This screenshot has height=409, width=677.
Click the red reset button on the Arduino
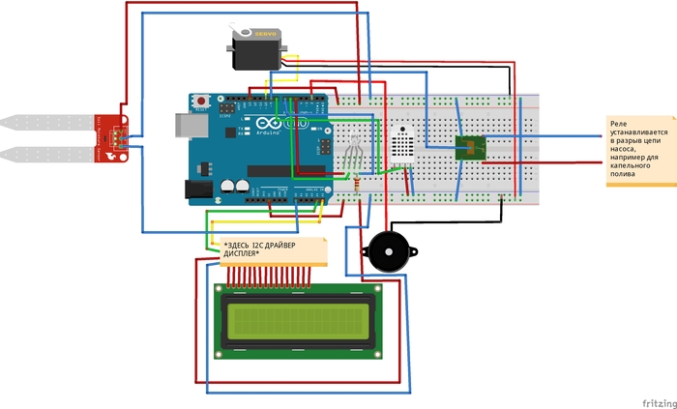tap(201, 101)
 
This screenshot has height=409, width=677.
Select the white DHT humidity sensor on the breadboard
tap(405, 142)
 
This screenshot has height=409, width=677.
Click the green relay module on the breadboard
tap(470, 148)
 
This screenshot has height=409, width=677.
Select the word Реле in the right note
tap(620, 123)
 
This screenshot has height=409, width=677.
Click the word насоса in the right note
tap(628, 149)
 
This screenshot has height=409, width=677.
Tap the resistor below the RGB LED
tap(358, 187)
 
